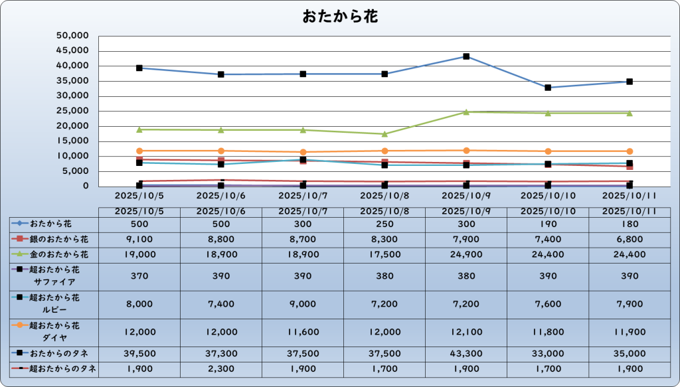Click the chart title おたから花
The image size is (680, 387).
(340, 16)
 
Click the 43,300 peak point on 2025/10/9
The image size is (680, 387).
(466, 56)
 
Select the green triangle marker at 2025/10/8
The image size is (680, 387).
(384, 134)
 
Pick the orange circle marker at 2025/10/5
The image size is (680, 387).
(139, 151)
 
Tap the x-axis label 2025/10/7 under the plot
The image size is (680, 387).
(303, 196)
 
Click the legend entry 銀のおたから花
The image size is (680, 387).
(58, 238)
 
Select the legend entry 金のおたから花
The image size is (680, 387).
(58, 254)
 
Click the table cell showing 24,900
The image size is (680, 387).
(466, 254)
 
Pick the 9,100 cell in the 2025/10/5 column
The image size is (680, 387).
(139, 238)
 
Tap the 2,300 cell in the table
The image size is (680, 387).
(221, 369)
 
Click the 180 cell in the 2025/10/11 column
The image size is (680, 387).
(630, 224)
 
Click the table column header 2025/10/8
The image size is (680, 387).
(384, 211)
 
